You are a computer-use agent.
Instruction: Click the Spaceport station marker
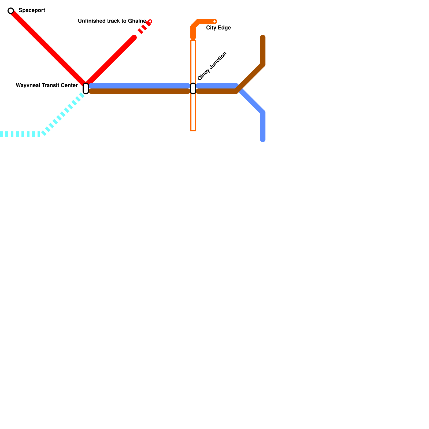tap(11, 11)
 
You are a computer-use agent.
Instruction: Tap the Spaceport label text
tap(32, 10)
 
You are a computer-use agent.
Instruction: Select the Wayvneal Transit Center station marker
tap(86, 88)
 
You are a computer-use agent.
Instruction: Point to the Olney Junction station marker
tap(193, 88)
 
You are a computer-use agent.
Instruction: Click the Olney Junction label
tap(212, 66)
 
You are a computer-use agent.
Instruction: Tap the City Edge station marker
tap(214, 21)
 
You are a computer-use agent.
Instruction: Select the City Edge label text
tap(218, 28)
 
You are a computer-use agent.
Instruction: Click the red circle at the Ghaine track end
tap(150, 21)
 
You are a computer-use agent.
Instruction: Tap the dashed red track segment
tap(144, 28)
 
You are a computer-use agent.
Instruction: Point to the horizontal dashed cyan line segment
tap(20, 134)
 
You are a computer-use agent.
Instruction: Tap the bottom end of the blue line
tap(263, 139)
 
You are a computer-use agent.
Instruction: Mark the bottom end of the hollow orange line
tap(193, 130)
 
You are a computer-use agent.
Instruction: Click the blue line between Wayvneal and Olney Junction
tap(139, 86)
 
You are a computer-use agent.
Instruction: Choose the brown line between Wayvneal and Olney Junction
tap(139, 91)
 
